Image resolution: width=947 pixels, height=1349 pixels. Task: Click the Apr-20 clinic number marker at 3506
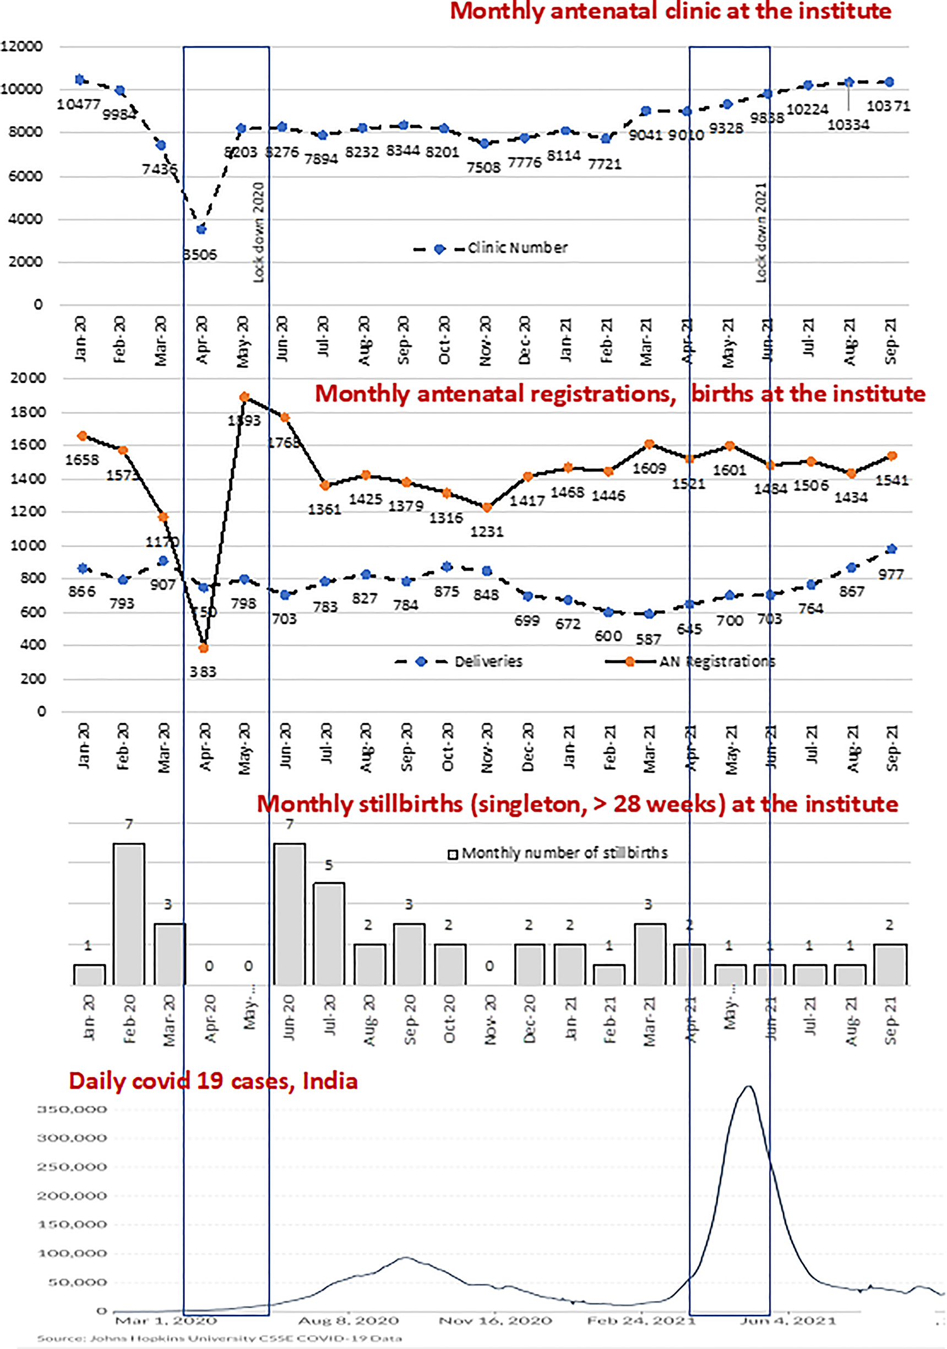(x=201, y=229)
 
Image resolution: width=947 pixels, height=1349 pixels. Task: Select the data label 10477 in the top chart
(x=79, y=104)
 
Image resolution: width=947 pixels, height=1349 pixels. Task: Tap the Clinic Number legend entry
(x=491, y=248)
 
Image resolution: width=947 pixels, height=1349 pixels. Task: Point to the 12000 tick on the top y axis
(x=21, y=46)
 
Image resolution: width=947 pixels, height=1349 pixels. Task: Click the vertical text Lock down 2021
(x=761, y=232)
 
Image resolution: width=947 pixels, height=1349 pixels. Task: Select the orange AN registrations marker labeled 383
(x=204, y=648)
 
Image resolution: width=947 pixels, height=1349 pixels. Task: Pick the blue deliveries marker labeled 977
(x=891, y=549)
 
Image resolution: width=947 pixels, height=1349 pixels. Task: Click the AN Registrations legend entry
(x=690, y=662)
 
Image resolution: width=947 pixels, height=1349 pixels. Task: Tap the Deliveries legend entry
(x=459, y=662)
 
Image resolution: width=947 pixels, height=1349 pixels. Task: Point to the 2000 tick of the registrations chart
(x=28, y=378)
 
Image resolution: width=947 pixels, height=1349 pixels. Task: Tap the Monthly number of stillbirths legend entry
(x=558, y=853)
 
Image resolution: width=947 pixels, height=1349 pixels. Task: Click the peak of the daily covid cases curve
(x=748, y=1086)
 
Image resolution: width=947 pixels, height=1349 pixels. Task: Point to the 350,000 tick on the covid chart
(x=72, y=1109)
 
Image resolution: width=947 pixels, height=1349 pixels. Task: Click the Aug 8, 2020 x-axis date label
(x=349, y=1321)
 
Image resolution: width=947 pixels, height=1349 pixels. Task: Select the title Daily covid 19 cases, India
(x=213, y=1081)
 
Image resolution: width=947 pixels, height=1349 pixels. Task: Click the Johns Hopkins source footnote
(x=219, y=1339)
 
